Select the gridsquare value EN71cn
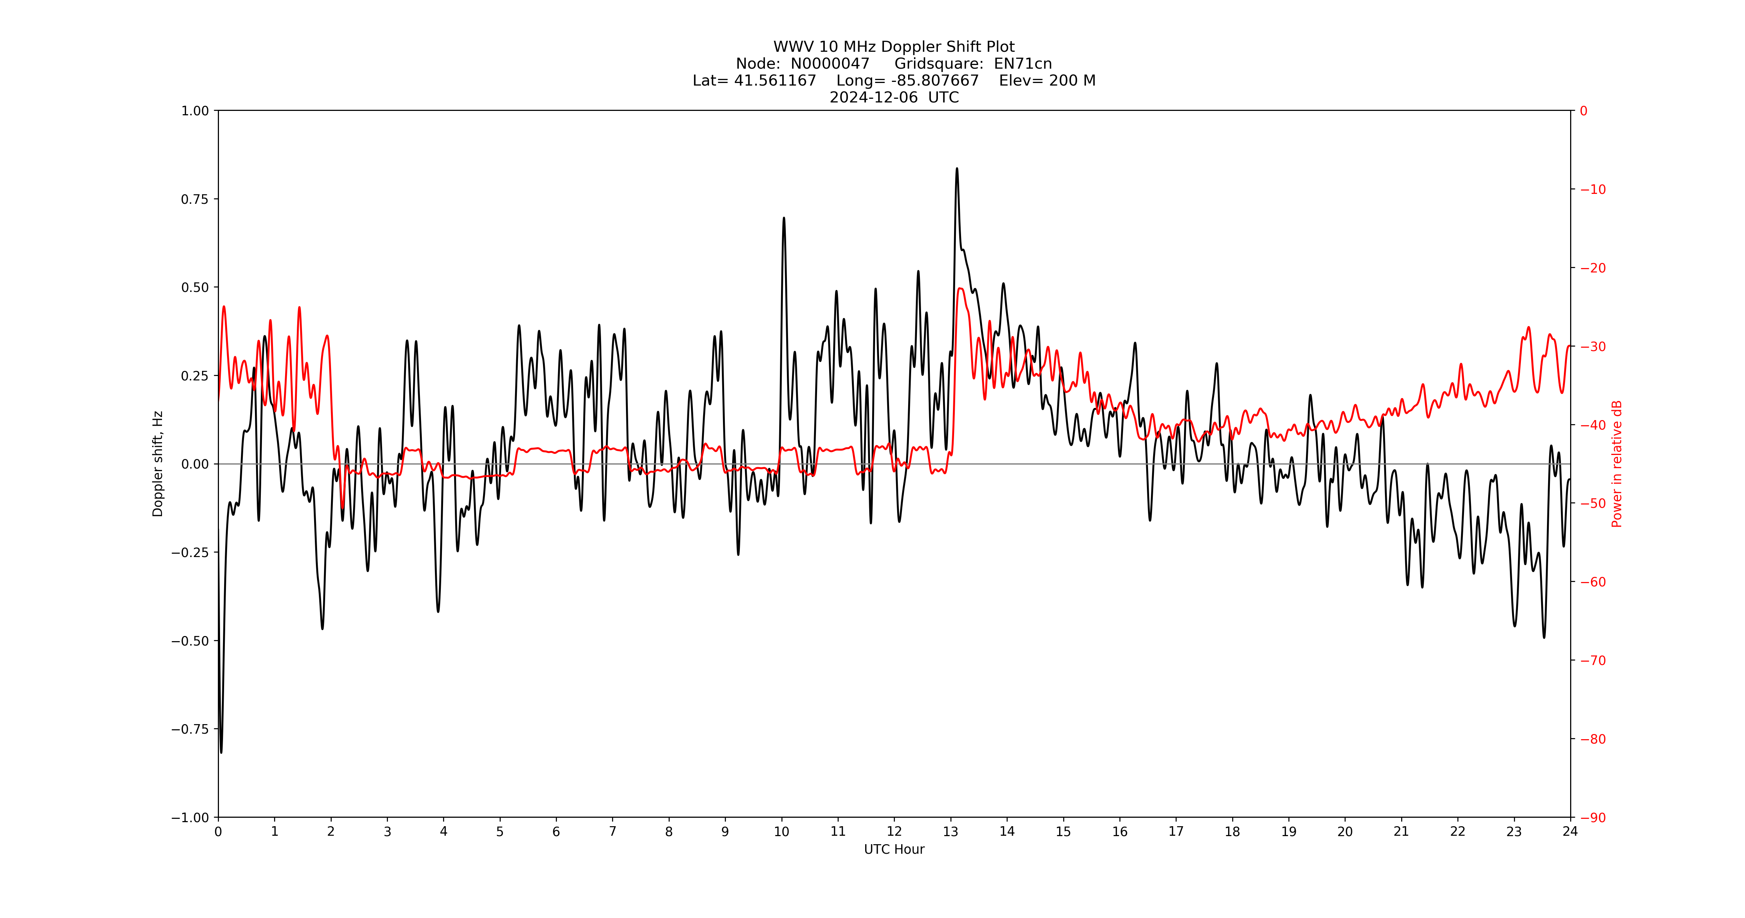pos(1023,64)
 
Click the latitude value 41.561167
pos(775,80)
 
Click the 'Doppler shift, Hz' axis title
pos(158,464)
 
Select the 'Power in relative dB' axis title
pos(1617,464)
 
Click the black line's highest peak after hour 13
pos(957,169)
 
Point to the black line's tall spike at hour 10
pos(784,218)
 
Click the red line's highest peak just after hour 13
pos(961,289)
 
